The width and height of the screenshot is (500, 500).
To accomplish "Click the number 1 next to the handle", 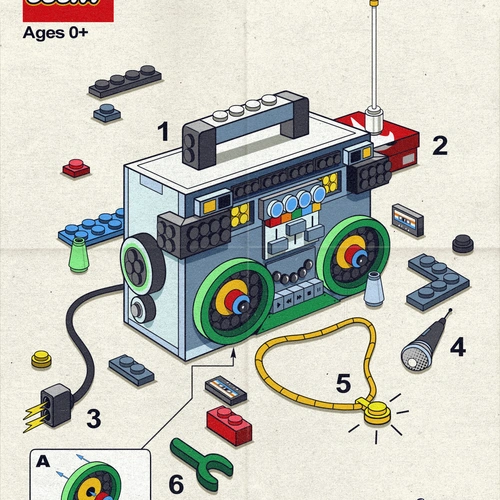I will pyautogui.click(x=163, y=130).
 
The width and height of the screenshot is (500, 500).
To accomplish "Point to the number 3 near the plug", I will pyautogui.click(x=92, y=416).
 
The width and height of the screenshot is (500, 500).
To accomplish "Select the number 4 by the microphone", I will pyautogui.click(x=457, y=347).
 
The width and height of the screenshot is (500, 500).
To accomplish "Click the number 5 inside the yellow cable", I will pyautogui.click(x=343, y=382).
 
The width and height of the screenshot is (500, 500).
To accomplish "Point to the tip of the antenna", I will pyautogui.click(x=375, y=5).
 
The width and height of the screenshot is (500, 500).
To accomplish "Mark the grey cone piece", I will pyautogui.click(x=374, y=289).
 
